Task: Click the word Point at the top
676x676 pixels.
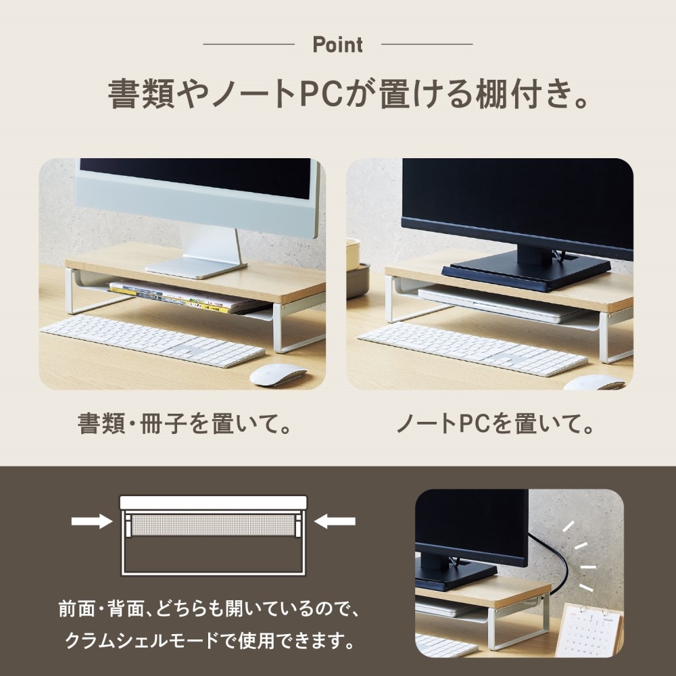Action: [337, 45]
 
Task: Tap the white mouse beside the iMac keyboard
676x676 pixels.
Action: [278, 375]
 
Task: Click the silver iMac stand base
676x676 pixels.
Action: [196, 268]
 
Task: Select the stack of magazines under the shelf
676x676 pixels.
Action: [188, 297]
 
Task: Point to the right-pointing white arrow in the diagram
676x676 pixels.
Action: [91, 521]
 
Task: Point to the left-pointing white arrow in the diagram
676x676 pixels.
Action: [335, 521]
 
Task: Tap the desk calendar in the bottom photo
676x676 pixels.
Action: [589, 629]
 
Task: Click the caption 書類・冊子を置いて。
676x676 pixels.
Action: [185, 424]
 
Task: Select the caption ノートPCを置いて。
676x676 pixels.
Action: [495, 424]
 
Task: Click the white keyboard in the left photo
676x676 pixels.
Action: [152, 341]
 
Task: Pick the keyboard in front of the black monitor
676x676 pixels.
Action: [473, 349]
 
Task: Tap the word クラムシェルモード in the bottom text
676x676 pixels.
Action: [142, 640]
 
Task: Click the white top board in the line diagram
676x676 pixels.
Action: [214, 503]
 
